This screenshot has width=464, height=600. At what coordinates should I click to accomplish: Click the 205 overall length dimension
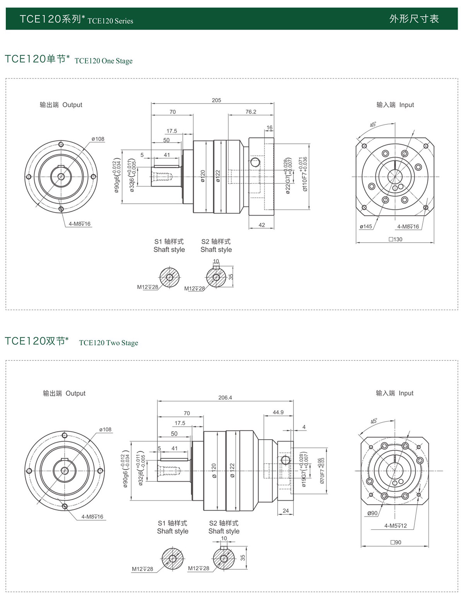216,100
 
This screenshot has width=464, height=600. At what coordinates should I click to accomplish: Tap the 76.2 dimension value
251,112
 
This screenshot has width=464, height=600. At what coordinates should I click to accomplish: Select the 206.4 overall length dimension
225,397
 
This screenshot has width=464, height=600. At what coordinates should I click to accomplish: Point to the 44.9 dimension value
278,412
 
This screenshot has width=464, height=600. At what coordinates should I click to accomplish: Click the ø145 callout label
365,226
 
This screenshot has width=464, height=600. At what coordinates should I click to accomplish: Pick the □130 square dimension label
396,239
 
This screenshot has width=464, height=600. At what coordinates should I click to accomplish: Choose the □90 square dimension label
396,542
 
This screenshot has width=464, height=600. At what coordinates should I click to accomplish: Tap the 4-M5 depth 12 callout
395,525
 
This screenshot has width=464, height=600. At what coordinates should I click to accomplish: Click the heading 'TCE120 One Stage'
103,61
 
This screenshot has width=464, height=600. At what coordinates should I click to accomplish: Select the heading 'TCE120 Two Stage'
108,343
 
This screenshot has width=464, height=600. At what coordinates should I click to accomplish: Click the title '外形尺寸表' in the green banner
414,19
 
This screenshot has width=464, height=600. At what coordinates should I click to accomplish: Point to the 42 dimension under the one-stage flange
262,225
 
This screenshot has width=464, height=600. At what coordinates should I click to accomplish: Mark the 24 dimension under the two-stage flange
285,510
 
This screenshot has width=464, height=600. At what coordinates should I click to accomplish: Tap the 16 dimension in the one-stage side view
270,127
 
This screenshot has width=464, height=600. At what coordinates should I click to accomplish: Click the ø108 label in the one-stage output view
98,139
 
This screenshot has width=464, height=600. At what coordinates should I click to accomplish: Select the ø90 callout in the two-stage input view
372,513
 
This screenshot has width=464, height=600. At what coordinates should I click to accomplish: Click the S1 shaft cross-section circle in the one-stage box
169,277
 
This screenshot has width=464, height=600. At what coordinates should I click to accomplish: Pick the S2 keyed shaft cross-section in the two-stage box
224,558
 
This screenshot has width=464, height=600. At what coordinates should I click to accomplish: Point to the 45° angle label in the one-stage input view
373,125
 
